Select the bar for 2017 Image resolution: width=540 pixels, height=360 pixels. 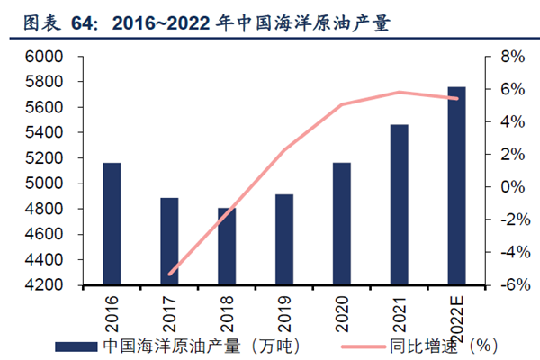point(169,241)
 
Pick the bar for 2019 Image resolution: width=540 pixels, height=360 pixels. point(284,239)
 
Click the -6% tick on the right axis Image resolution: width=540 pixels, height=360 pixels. point(503,285)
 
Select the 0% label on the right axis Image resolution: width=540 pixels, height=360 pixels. point(505,187)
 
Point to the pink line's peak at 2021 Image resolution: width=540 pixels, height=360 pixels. point(400,92)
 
